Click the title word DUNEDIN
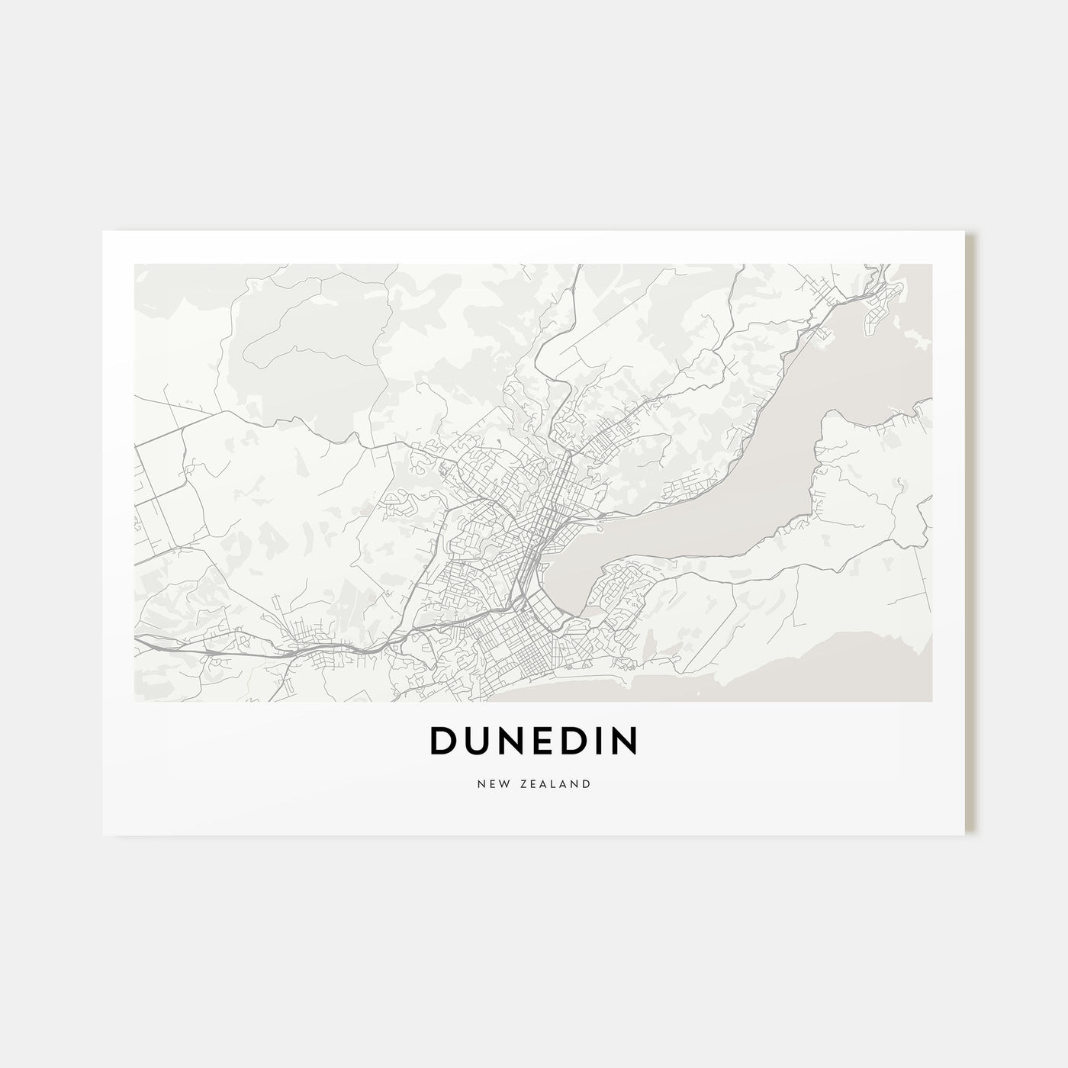[x=533, y=741]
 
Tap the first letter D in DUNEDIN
[x=445, y=741]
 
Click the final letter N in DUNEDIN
[x=624, y=741]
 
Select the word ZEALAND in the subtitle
[x=555, y=783]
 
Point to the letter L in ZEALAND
[x=555, y=783]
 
